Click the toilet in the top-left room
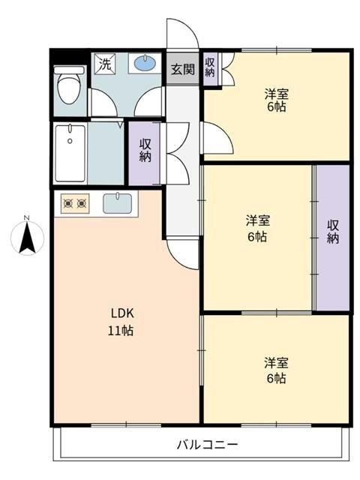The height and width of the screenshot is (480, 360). pyautogui.click(x=70, y=85)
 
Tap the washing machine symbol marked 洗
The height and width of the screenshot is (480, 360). pyautogui.click(x=106, y=64)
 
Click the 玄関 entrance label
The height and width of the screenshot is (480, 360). pyautogui.click(x=182, y=70)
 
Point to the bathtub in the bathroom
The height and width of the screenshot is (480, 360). pyautogui.click(x=70, y=154)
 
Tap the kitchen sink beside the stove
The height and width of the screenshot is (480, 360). pyautogui.click(x=117, y=202)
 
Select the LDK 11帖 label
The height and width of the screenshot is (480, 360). pyautogui.click(x=123, y=321)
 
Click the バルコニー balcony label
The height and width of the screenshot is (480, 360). pyautogui.click(x=208, y=444)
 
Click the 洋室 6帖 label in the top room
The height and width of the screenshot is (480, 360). pyautogui.click(x=277, y=100)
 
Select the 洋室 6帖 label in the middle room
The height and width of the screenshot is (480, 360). pyautogui.click(x=258, y=228)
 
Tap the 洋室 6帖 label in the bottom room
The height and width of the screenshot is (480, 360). pyautogui.click(x=275, y=370)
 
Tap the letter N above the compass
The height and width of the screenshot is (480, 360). pyautogui.click(x=26, y=218)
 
